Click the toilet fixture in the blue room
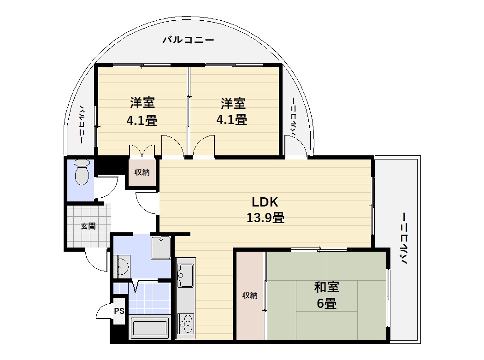click(x=82, y=172)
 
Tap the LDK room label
click(x=265, y=202)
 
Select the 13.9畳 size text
click(x=265, y=218)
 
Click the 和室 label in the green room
click(x=326, y=288)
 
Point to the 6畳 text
click(x=326, y=304)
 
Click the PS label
click(x=119, y=311)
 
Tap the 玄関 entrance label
click(x=88, y=226)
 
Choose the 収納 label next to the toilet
click(x=142, y=173)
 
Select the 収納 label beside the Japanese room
click(x=250, y=295)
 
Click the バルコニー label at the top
click(x=188, y=40)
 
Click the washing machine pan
click(x=161, y=248)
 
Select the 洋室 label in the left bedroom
click(x=142, y=102)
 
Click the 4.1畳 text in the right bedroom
click(x=232, y=120)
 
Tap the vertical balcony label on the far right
click(x=404, y=238)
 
